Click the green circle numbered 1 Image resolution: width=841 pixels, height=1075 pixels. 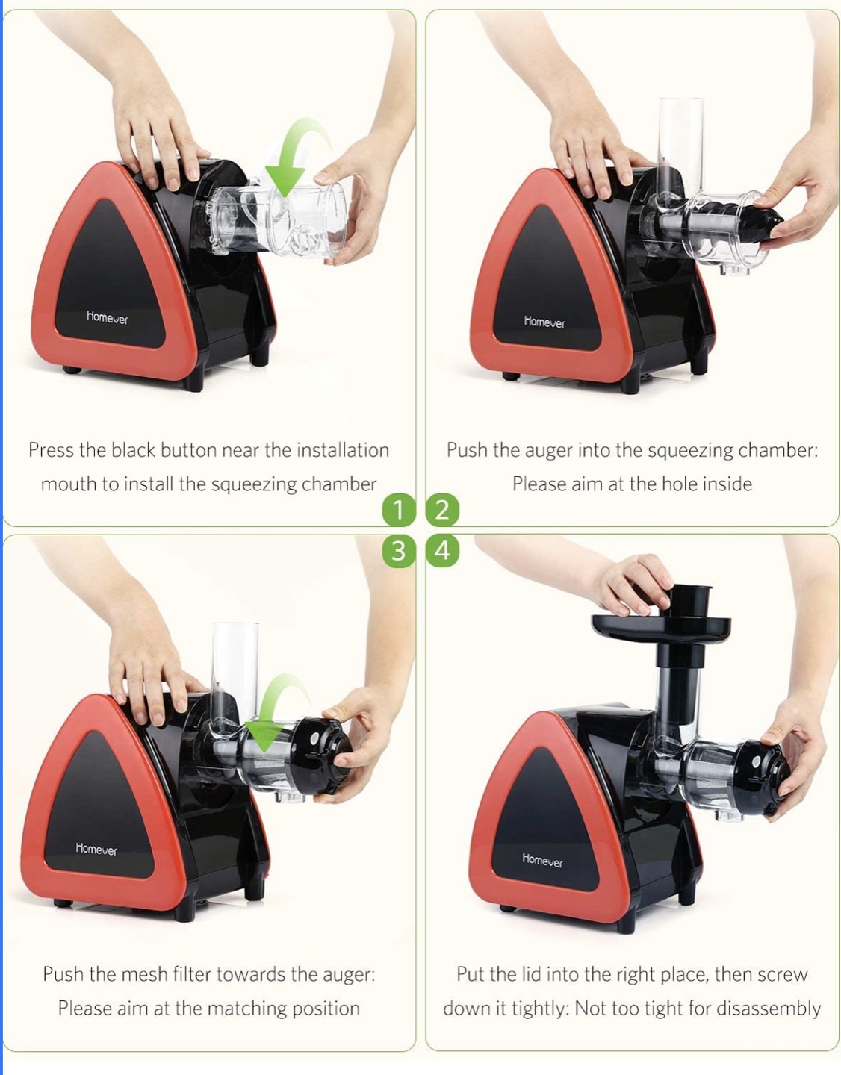coord(398,511)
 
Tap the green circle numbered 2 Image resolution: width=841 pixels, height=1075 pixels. coord(442,511)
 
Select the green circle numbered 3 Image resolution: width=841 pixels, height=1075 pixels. coord(398,551)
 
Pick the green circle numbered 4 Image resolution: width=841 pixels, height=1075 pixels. coord(442,551)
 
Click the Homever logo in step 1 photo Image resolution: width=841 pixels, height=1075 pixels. coord(107,318)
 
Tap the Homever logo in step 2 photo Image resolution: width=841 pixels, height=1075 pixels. coord(544,322)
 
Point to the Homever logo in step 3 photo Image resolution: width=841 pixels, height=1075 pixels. coord(96,850)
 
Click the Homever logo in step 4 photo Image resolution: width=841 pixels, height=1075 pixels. coord(542,861)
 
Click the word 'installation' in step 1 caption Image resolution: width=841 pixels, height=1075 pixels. coord(343,450)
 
